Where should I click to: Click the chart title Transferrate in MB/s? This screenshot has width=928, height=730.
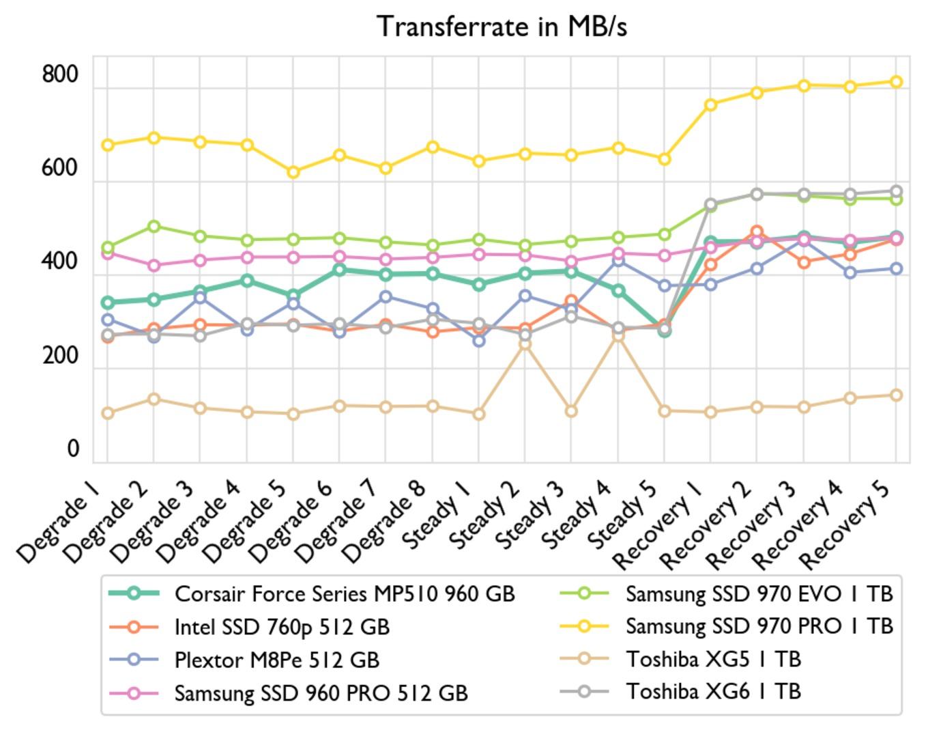[x=502, y=27]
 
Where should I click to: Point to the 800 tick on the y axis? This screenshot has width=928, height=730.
[x=60, y=74]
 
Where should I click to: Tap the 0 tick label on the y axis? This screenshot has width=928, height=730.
[x=73, y=449]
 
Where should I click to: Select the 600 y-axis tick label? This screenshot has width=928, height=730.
[x=60, y=167]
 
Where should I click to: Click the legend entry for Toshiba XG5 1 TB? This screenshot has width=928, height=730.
[x=713, y=659]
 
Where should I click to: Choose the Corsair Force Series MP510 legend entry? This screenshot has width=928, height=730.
[x=344, y=594]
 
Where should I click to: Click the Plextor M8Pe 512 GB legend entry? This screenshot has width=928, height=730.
[x=276, y=660]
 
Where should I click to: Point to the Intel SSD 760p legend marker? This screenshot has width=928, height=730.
[x=134, y=627]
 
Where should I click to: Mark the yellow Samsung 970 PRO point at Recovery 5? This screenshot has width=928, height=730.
[x=897, y=82]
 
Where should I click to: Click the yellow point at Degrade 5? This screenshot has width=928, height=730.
[x=293, y=172]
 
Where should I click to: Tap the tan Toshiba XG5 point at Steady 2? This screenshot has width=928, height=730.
[x=525, y=344]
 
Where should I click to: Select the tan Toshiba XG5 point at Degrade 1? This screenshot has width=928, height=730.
[x=107, y=413]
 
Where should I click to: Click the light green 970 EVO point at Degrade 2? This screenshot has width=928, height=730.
[x=154, y=226]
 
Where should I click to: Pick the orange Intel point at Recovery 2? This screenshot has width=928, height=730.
[x=757, y=232]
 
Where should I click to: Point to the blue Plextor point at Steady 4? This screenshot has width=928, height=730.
[x=618, y=261]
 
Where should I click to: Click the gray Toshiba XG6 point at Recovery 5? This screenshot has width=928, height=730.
[x=897, y=192]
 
